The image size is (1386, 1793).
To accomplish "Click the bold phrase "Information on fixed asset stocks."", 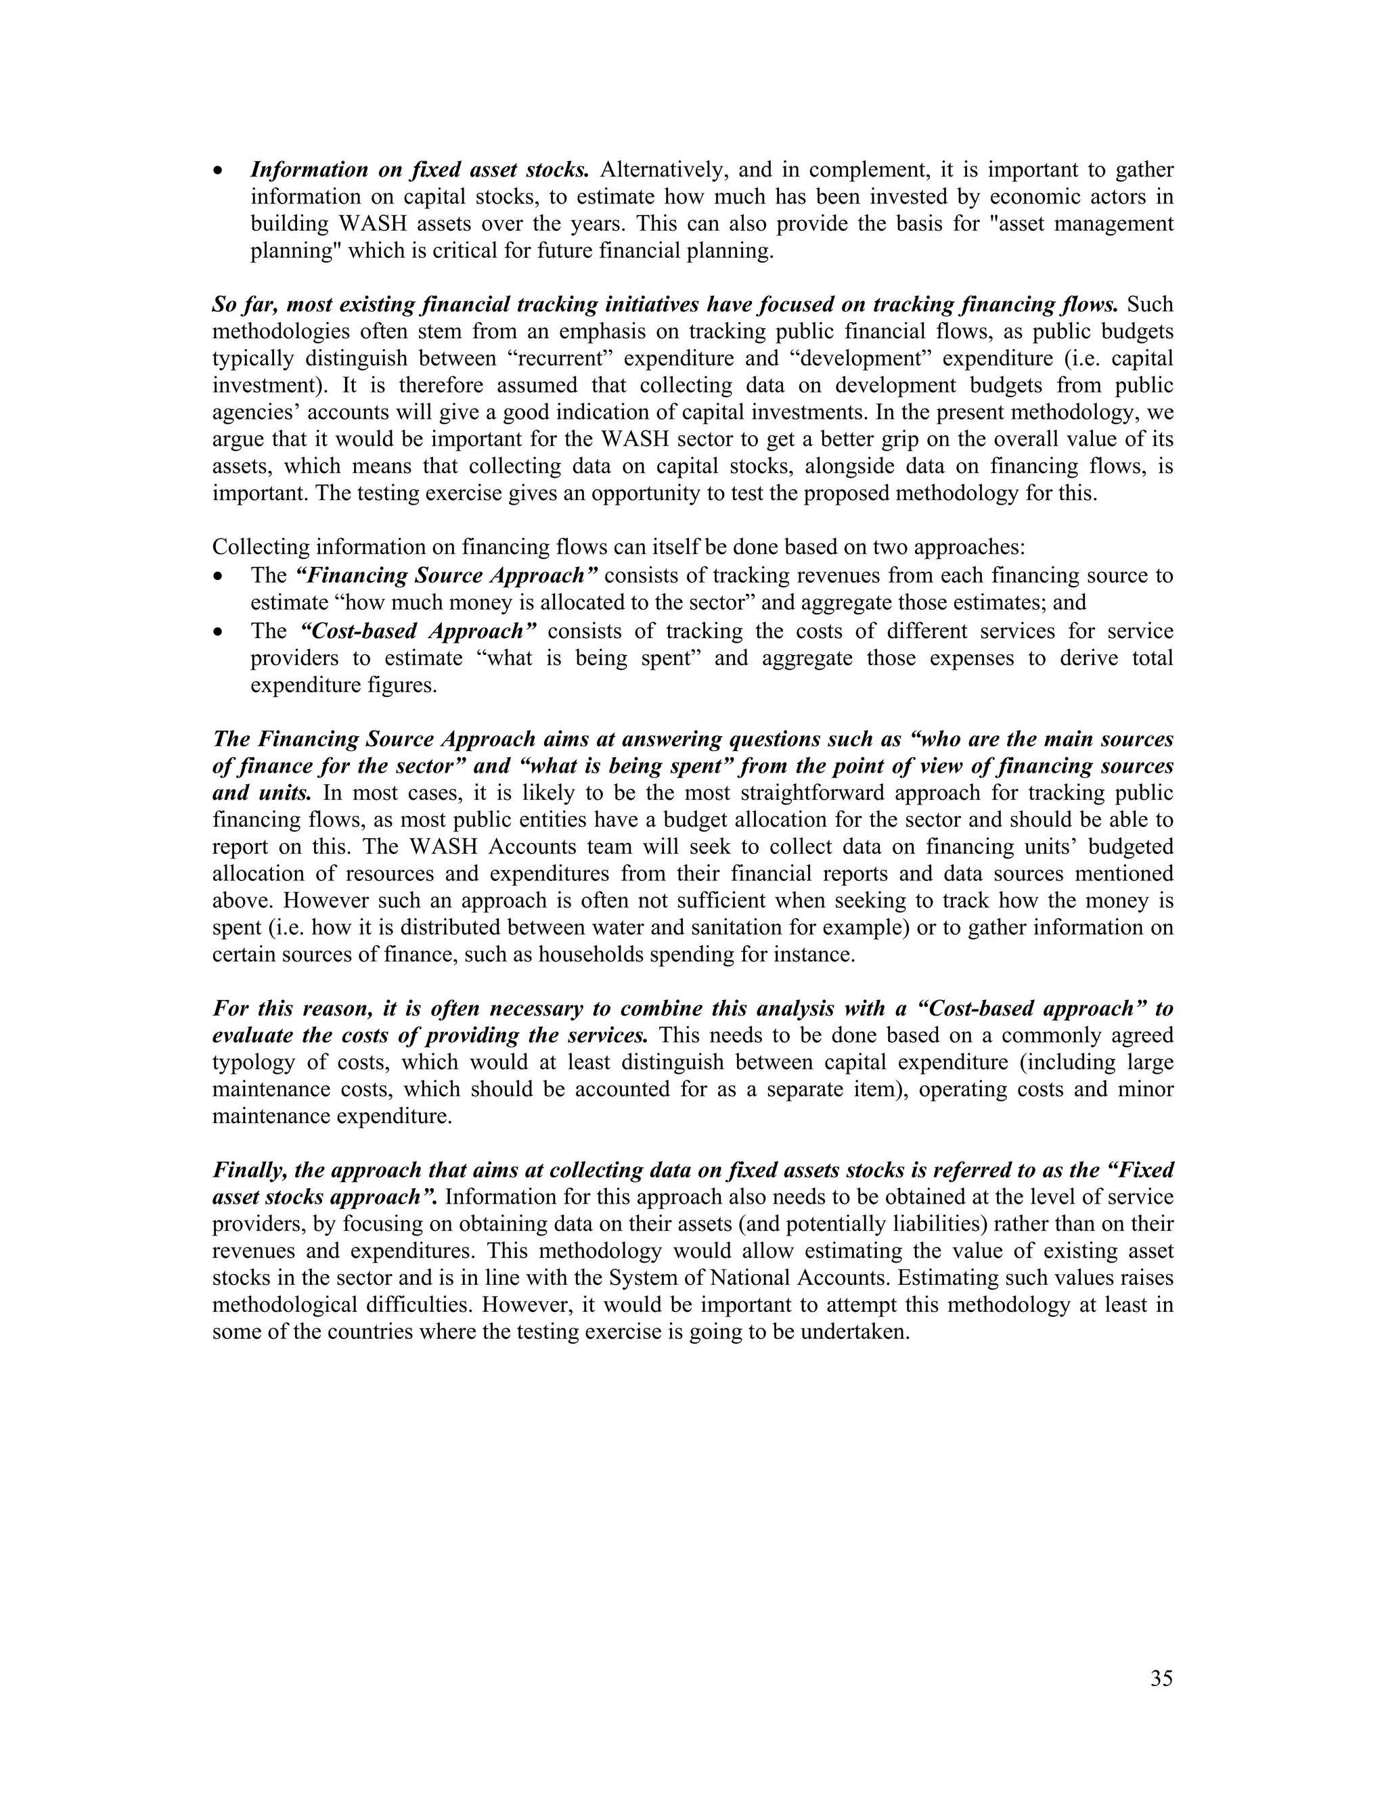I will [x=420, y=170].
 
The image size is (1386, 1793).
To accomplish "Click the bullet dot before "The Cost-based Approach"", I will [x=218, y=632].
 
